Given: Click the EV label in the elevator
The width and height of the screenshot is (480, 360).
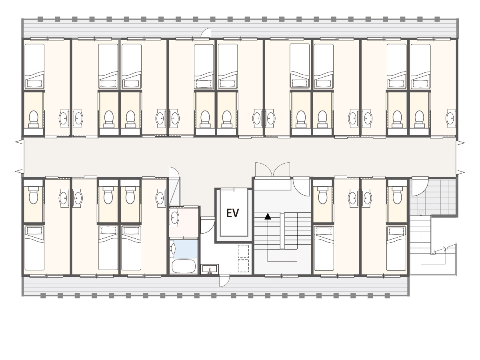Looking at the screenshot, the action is tap(232, 213).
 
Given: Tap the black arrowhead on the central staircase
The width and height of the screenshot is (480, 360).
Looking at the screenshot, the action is tap(268, 216).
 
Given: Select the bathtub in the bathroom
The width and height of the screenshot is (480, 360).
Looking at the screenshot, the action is tap(183, 266).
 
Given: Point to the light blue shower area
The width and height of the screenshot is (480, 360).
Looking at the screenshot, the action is tap(186, 249).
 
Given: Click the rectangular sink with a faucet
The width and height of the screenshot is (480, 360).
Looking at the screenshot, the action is tap(210, 269).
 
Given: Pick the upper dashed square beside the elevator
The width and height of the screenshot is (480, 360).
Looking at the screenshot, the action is tap(243, 251).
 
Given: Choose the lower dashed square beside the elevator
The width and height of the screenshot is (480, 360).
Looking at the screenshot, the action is tap(243, 266).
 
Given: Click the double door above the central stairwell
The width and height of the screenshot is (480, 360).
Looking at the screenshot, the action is tap(272, 170).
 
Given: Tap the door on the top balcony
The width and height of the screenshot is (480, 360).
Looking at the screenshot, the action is tap(206, 33).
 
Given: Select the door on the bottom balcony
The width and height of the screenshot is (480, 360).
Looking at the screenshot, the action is tap(224, 281).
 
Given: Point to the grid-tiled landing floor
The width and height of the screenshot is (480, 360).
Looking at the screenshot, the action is tap(433, 197).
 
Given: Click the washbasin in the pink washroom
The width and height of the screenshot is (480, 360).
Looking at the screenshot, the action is tap(174, 217).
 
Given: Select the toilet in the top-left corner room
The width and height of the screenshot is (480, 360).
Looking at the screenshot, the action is tap(34, 119).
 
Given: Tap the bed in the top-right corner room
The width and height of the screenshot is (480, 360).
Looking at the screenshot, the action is tap(420, 66).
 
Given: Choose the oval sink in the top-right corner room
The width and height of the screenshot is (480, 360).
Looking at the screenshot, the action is tap(450, 118).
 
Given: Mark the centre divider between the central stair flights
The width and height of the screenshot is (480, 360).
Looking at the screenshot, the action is tap(282, 231).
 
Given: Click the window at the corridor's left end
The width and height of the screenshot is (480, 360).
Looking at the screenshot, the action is tap(22, 156).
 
